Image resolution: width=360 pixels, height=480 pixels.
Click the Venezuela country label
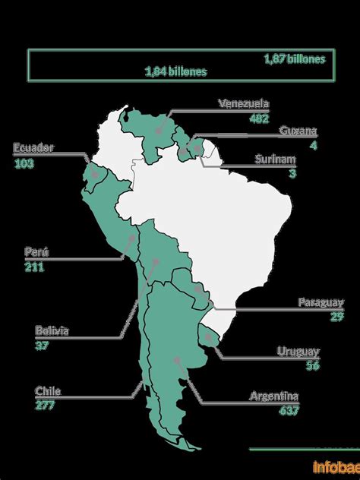click(x=243, y=104)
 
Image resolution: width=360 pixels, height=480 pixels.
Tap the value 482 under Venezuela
click(x=258, y=118)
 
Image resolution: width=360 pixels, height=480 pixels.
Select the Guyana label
click(x=298, y=131)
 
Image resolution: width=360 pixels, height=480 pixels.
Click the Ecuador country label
click(x=33, y=148)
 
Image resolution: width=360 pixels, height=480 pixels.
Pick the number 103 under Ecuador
click(x=24, y=163)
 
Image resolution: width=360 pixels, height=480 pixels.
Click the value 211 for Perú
click(x=34, y=267)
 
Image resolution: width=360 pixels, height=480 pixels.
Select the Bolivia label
click(x=52, y=330)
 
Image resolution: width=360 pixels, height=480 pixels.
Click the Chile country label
click(x=47, y=391)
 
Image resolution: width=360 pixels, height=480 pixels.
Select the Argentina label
click(x=274, y=396)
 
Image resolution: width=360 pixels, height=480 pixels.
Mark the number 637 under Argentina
click(x=289, y=411)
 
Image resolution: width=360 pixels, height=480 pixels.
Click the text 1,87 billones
click(x=294, y=58)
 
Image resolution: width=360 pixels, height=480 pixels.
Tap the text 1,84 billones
click(x=175, y=71)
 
